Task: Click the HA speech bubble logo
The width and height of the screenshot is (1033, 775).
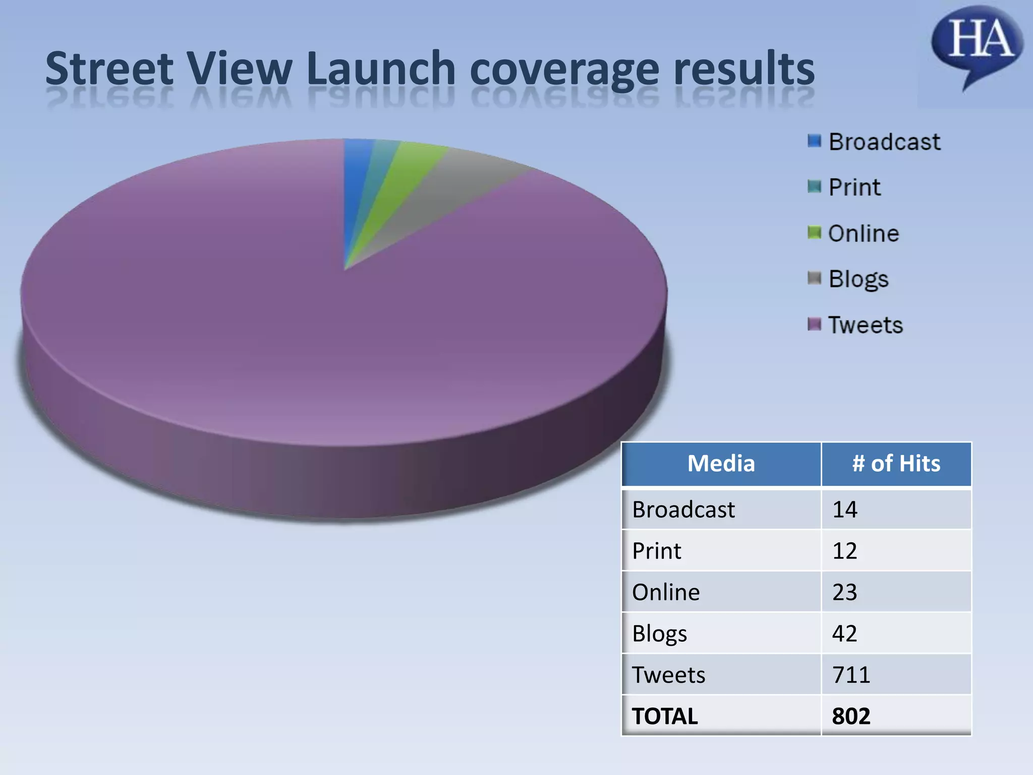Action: pyautogui.click(x=977, y=43)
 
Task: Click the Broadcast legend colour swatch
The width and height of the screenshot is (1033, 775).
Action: pyautogui.click(x=814, y=141)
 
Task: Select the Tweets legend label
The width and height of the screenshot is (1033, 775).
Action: pyautogui.click(x=866, y=325)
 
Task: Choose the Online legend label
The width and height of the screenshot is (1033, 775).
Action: pyautogui.click(x=864, y=234)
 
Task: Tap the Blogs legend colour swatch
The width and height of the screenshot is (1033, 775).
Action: pyautogui.click(x=814, y=278)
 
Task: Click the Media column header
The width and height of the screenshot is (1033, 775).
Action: pyautogui.click(x=721, y=464)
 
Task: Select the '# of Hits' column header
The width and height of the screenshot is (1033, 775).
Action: pyautogui.click(x=896, y=464)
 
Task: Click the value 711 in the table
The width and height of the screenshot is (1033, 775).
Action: pyautogui.click(x=851, y=675)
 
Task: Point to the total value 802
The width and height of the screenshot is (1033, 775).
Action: pyautogui.click(x=851, y=716)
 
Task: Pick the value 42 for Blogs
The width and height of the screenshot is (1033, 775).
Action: pyautogui.click(x=845, y=633)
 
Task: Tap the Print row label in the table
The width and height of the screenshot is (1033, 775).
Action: pyautogui.click(x=657, y=550)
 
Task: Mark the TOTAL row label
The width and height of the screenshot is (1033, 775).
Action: pyautogui.click(x=665, y=716)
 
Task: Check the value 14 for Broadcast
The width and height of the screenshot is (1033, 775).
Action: pyautogui.click(x=845, y=509)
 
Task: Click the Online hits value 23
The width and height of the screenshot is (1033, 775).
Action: pyautogui.click(x=845, y=592)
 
